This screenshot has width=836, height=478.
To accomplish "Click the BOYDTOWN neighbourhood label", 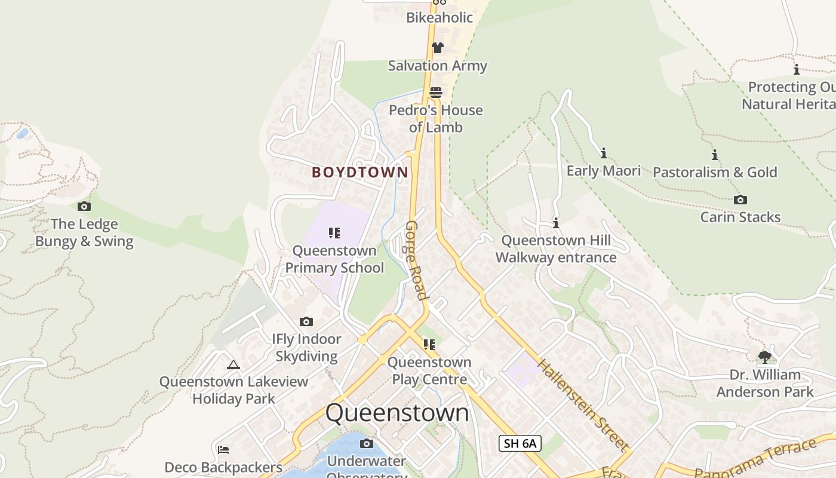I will tap(360, 172).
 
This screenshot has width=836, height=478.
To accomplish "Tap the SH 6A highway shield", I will tap(520, 443).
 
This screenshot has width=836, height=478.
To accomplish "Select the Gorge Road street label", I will tap(416, 260).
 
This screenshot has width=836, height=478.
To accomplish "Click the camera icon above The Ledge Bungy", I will tap(84, 207).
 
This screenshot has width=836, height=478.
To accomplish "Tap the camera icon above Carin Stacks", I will tap(740, 200).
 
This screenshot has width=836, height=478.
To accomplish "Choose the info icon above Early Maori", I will tap(604, 154).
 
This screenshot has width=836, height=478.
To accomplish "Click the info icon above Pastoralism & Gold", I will tap(715, 155).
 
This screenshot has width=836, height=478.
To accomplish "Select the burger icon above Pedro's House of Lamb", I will tap(436, 93).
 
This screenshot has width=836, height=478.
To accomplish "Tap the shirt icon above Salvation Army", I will tap(438, 48).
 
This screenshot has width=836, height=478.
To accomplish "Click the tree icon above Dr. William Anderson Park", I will tap(765, 357).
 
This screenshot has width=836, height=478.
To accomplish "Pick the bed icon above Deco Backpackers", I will tap(223, 449).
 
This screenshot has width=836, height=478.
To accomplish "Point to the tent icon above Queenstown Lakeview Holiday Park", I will tap(233, 364).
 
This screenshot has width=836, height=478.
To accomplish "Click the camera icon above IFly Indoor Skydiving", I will tap(306, 322).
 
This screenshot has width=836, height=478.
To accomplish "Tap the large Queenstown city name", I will tap(397, 413).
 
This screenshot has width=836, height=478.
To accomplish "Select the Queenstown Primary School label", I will tap(334, 259).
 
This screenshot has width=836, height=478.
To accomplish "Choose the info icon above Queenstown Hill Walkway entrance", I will tap(556, 223).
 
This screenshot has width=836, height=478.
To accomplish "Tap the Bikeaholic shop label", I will tap(439, 17).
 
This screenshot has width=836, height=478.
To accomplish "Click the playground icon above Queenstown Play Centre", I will tap(429, 345).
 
